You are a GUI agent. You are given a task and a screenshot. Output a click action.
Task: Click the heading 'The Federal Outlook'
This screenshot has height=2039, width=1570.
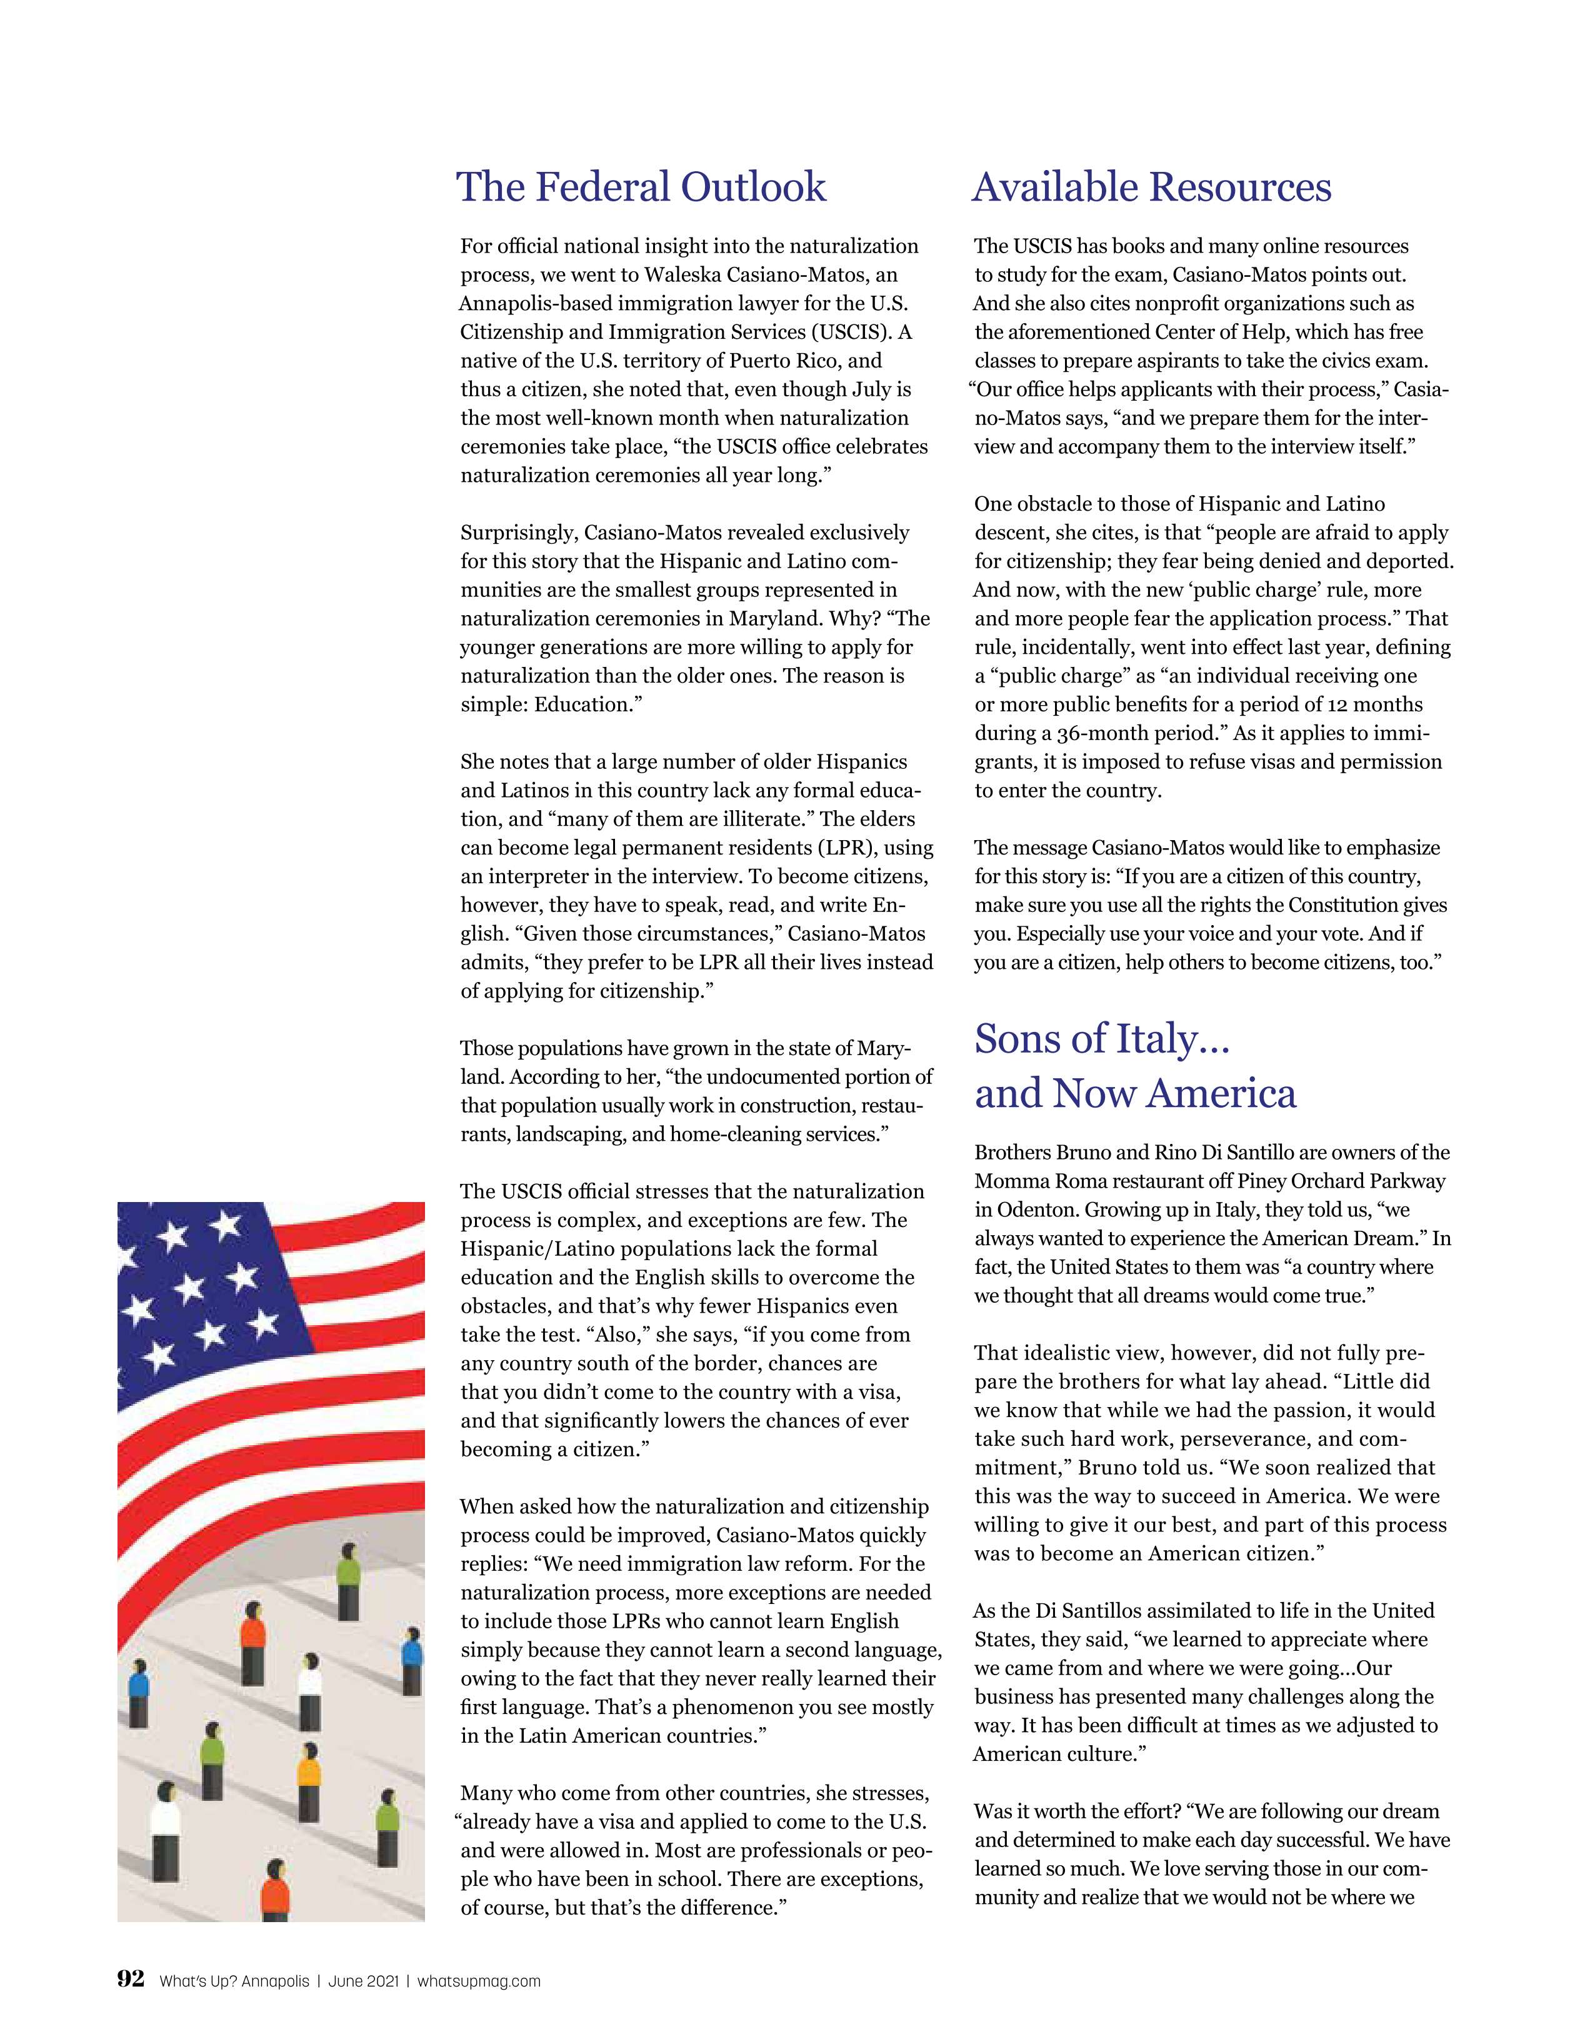(641, 187)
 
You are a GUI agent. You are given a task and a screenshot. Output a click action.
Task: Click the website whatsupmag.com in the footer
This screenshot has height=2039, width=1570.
(479, 1981)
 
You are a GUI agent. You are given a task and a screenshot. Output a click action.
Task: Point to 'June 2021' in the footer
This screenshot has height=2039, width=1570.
(364, 1981)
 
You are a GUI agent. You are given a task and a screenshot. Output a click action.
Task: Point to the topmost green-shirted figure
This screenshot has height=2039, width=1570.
(348, 1581)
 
